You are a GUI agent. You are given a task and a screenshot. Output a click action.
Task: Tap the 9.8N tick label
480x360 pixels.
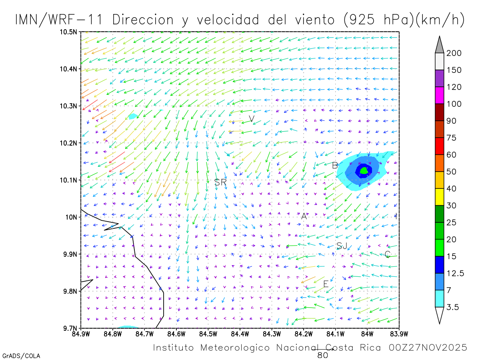click(70, 291)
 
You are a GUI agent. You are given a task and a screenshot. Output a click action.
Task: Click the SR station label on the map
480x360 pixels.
click(220, 182)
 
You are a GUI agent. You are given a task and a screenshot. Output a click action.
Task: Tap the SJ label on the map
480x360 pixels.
click(342, 246)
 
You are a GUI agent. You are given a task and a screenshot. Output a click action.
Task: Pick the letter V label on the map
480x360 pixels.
click(252, 119)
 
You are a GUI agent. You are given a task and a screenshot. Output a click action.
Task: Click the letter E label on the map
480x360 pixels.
click(326, 284)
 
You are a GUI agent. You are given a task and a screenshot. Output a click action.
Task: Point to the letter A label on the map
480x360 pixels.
click(304, 216)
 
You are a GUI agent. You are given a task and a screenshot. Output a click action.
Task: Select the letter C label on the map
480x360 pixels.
click(387, 254)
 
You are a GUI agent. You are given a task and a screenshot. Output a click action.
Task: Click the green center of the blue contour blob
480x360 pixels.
click(364, 170)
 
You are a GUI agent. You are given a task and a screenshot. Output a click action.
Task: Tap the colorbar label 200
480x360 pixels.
click(454, 53)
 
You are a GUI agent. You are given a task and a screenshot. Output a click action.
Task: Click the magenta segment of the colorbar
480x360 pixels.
click(439, 95)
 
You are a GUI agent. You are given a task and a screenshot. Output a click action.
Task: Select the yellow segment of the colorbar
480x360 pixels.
click(439, 196)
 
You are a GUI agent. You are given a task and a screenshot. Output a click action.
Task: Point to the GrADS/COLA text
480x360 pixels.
click(21, 356)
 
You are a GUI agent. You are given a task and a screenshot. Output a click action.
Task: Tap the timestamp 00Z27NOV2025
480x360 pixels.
click(428, 348)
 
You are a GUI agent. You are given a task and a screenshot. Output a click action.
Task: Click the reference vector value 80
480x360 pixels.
click(323, 355)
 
